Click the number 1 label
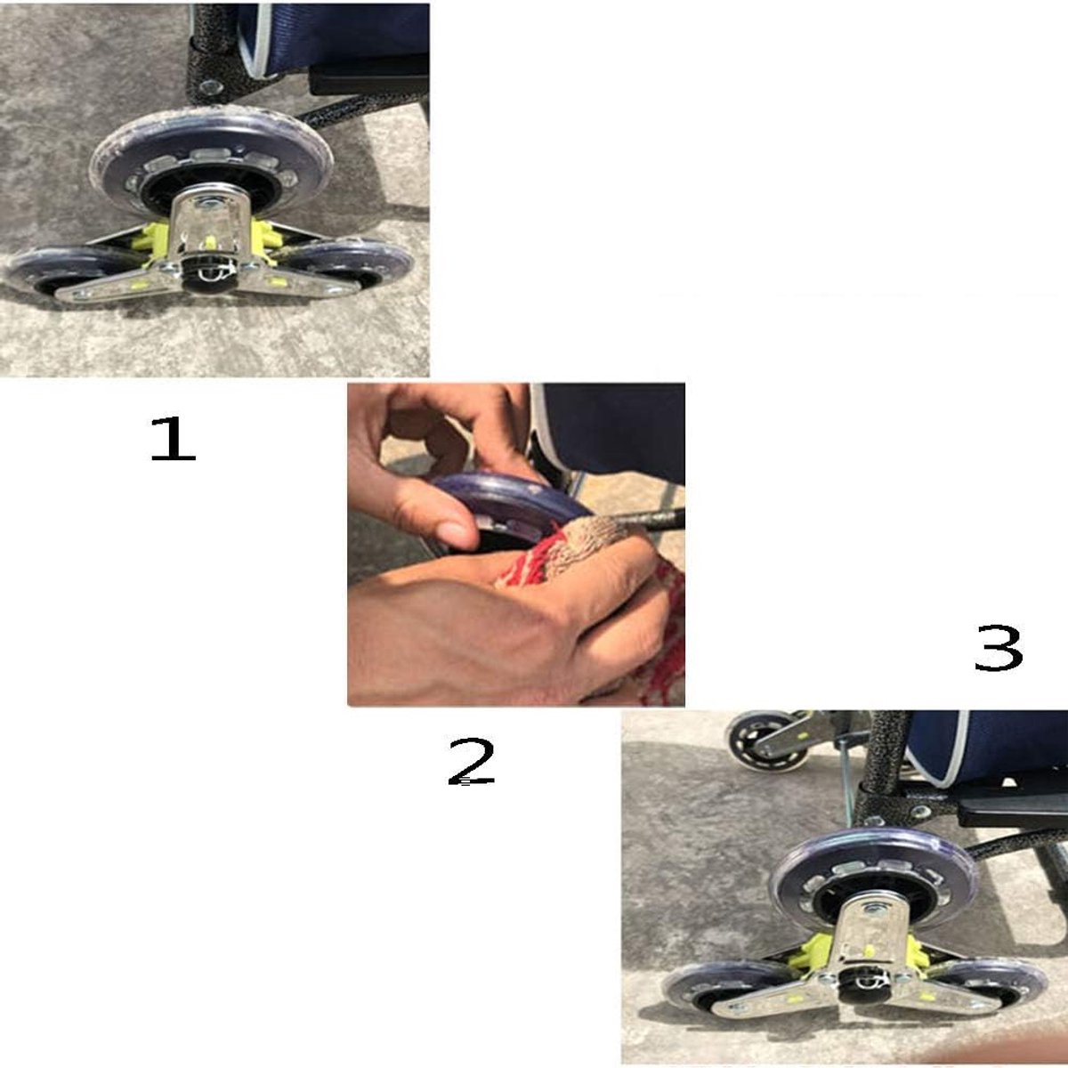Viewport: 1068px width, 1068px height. click(173, 439)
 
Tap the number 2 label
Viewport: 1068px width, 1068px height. click(471, 762)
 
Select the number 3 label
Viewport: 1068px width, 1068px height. click(999, 648)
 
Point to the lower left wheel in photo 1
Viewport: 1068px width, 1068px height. click(61, 271)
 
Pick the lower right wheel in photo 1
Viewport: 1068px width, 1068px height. click(355, 265)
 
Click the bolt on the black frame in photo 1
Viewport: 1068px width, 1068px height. click(211, 87)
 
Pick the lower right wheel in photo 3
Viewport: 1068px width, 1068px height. click(992, 978)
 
